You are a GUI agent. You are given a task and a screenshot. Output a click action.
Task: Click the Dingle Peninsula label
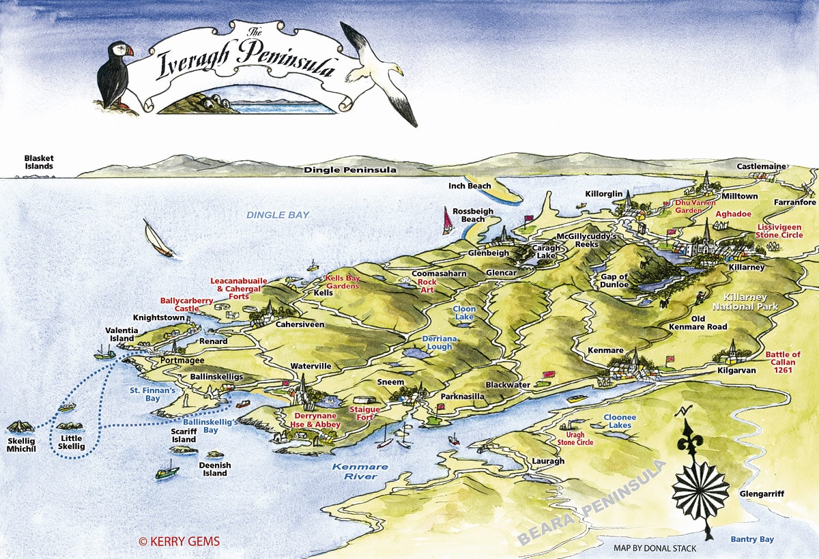pos(350,170)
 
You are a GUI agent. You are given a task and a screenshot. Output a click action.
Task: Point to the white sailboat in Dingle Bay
pos(158,239)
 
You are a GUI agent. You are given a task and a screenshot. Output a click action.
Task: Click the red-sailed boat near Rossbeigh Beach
pos(448,221)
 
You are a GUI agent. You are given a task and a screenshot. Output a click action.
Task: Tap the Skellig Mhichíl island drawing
pos(20,427)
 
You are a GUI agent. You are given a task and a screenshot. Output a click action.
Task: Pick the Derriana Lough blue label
pos(437,342)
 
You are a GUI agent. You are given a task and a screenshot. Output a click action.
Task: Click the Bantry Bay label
pos(752,539)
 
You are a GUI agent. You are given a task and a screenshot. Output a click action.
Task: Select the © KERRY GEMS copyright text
pos(179,541)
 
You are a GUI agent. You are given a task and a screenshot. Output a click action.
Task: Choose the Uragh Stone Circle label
pos(575,438)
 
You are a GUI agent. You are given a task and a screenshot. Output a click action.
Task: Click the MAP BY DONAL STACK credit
pos(646,547)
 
